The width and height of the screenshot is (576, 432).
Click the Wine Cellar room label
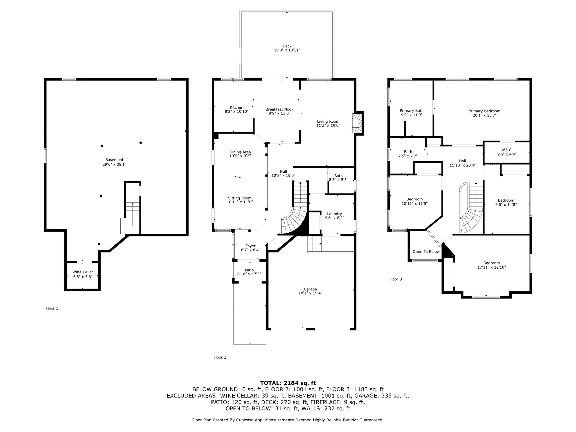point(83,272)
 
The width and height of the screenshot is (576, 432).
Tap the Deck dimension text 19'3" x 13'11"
point(287,50)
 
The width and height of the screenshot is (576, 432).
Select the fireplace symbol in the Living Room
point(357,123)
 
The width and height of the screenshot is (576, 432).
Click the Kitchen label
point(237,107)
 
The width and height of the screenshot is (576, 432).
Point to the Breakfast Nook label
point(280,109)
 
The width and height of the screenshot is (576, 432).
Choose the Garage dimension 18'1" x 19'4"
point(310,293)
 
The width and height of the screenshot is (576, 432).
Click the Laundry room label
point(334,214)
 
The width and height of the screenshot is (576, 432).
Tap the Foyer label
point(251,246)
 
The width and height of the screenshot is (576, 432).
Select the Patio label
point(249,270)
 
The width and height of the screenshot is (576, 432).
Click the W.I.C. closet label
point(507,150)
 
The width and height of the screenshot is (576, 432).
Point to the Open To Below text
point(426,252)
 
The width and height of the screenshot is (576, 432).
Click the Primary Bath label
point(412,111)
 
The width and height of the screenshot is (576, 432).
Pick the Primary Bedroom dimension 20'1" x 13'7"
point(484,115)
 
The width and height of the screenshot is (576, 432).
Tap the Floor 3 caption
point(395,279)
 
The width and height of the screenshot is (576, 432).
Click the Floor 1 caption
point(52,308)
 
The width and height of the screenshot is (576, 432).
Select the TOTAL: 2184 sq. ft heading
point(288,383)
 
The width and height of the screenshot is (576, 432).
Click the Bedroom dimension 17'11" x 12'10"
point(492,267)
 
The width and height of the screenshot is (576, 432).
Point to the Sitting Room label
point(240,198)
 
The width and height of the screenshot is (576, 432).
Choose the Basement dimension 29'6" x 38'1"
point(114,164)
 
